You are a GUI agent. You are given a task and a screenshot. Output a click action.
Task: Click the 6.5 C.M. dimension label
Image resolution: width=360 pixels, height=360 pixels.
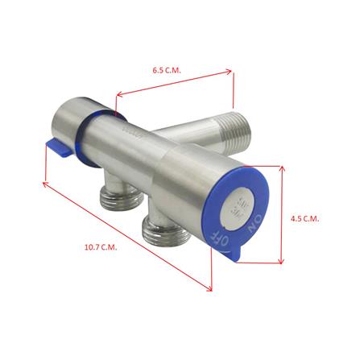pyautogui.click(x=167, y=69)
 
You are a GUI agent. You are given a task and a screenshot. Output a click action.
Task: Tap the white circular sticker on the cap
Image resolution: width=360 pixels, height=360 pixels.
pyautogui.click(x=243, y=203)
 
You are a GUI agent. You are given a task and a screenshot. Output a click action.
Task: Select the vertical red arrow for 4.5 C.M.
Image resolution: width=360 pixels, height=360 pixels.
pyautogui.click(x=283, y=215)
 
